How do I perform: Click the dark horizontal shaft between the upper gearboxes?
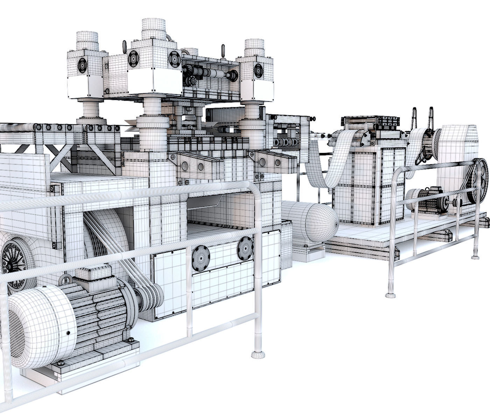tap(210, 74)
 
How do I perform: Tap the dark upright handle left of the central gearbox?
tap(124, 46)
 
